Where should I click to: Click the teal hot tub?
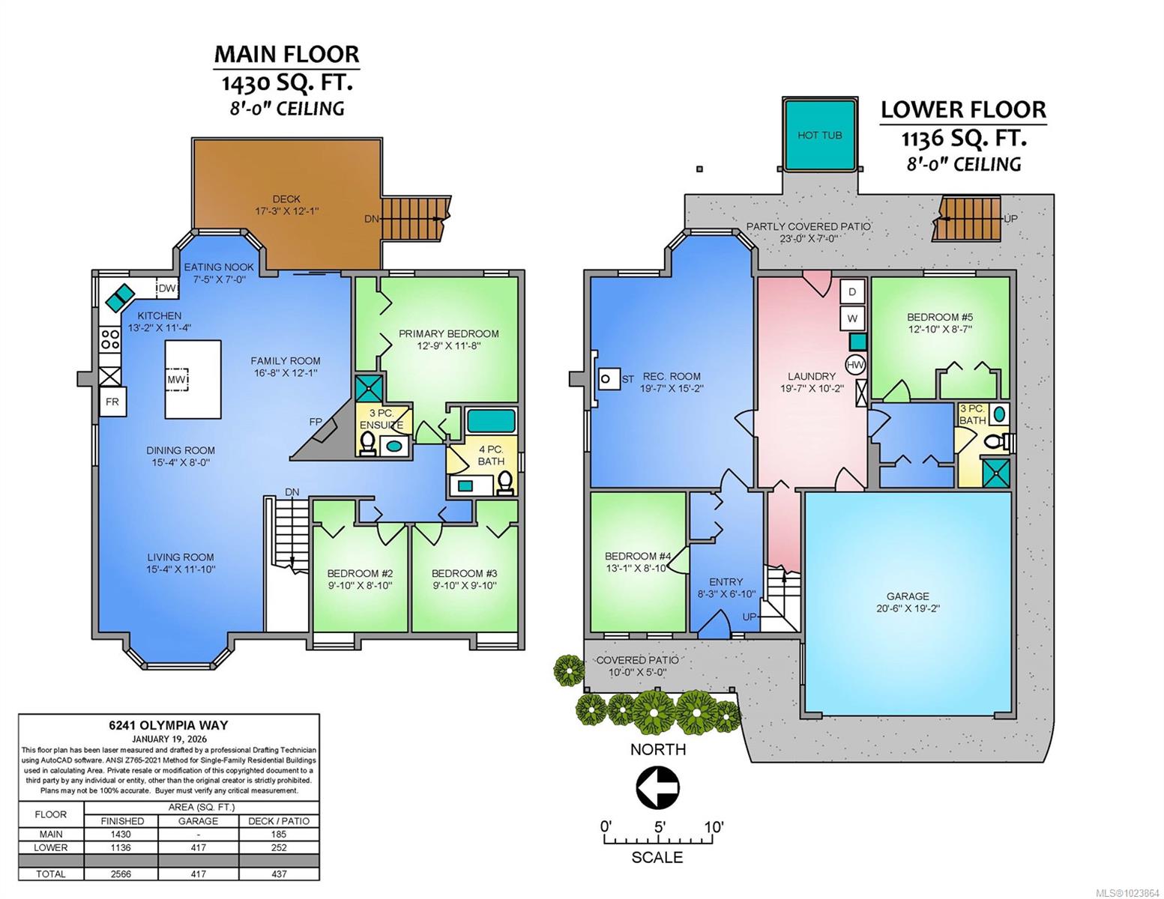(819, 134)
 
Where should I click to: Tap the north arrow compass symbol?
(657, 787)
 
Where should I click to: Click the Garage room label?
(908, 596)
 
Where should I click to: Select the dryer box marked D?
(852, 292)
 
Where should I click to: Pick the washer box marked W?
(852, 318)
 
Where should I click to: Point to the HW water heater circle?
(855, 365)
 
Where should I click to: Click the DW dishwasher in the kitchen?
(167, 288)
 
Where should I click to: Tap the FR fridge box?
(112, 402)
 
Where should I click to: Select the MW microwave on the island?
(176, 380)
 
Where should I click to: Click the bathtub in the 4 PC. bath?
(491, 421)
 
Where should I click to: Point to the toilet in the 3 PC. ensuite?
(367, 444)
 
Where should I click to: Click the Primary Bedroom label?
(448, 333)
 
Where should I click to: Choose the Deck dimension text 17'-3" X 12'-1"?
(286, 211)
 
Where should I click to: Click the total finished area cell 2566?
(121, 874)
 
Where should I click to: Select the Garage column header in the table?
(198, 821)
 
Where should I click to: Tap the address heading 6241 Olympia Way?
(169, 725)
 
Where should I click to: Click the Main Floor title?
(286, 55)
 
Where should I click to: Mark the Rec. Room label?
(671, 376)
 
